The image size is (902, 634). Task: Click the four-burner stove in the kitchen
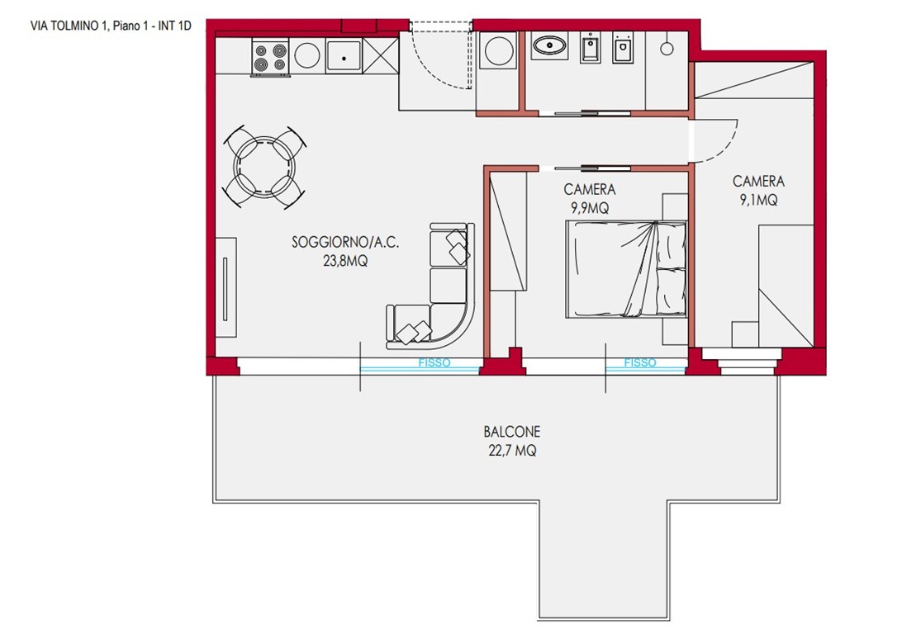(x=270, y=57)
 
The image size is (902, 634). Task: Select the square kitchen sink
(x=344, y=56)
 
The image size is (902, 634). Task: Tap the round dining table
(x=264, y=168)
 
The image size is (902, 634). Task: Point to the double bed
(x=626, y=269)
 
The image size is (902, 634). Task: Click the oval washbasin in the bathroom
(x=549, y=45)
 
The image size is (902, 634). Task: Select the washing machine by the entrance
(x=499, y=50)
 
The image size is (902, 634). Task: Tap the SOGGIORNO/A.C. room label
(x=345, y=243)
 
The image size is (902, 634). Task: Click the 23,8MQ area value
(x=345, y=261)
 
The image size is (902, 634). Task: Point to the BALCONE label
(x=512, y=432)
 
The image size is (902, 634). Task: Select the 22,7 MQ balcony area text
(x=512, y=451)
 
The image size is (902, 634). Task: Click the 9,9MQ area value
(x=590, y=207)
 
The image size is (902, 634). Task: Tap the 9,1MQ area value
(x=759, y=200)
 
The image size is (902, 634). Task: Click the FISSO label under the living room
(x=434, y=362)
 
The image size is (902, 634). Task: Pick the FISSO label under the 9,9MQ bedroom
(x=639, y=362)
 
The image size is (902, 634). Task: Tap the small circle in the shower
(x=667, y=49)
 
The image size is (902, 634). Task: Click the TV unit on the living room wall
(x=225, y=287)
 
